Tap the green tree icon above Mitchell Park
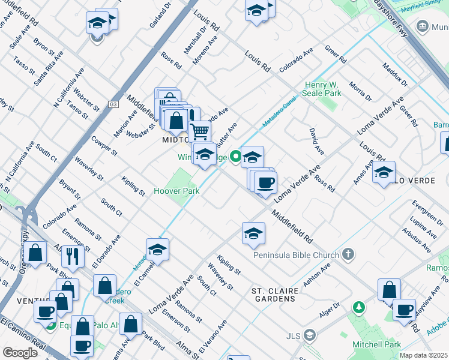[x=359, y=308]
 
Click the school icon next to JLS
[x=310, y=334]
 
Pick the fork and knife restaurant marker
[x=73, y=256]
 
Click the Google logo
[x=20, y=352]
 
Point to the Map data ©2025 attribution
[x=424, y=355]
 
